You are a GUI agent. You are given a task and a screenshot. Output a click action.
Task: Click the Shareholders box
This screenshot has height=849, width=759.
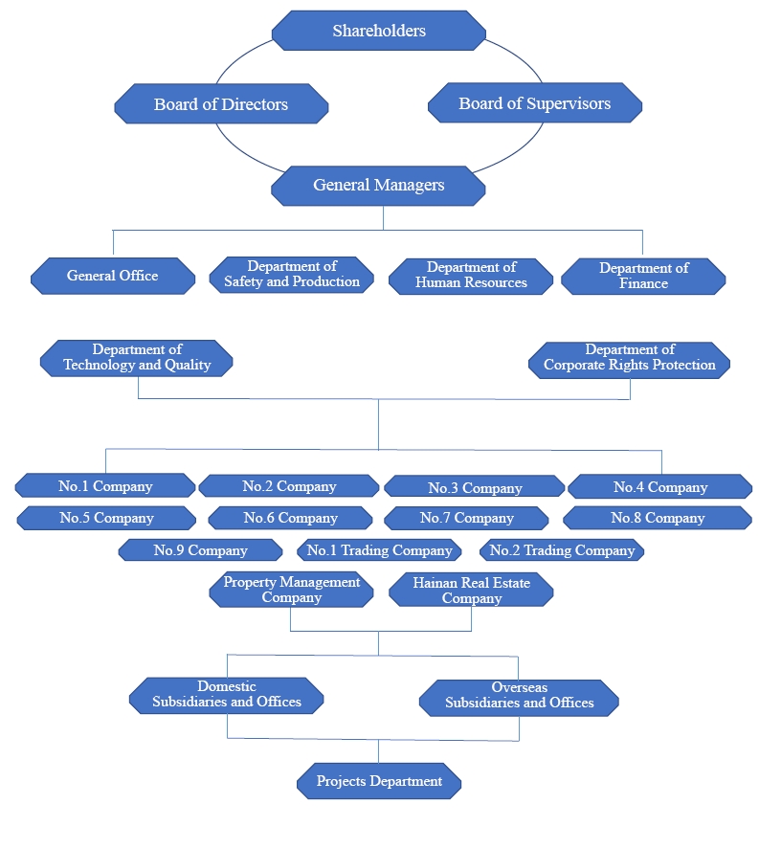pyautogui.click(x=379, y=31)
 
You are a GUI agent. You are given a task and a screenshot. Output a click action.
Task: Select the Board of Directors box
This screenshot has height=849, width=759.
pyautogui.click(x=221, y=104)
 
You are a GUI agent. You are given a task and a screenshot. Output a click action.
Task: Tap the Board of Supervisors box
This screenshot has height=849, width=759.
pyautogui.click(x=534, y=103)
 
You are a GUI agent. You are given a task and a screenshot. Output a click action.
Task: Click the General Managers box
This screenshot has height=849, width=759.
pyautogui.click(x=379, y=185)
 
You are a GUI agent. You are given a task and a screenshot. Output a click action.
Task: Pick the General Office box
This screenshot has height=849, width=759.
pyautogui.click(x=113, y=276)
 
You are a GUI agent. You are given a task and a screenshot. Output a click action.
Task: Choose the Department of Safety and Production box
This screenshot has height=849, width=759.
pyautogui.click(x=292, y=275)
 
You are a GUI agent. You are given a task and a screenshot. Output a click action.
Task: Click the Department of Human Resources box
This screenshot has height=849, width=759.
pyautogui.click(x=471, y=276)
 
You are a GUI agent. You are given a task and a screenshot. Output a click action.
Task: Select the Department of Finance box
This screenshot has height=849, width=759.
pyautogui.click(x=643, y=276)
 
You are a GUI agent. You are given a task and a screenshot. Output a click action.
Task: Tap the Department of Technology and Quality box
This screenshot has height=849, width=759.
pyautogui.click(x=137, y=357)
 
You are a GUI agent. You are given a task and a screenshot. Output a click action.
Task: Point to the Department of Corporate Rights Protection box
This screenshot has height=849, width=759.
pyautogui.click(x=630, y=357)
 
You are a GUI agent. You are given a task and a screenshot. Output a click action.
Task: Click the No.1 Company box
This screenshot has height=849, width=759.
pyautogui.click(x=105, y=486)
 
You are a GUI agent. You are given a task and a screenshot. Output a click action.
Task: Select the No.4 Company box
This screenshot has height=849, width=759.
pyautogui.click(x=660, y=487)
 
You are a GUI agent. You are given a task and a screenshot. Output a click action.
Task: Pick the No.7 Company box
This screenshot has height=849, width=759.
pyautogui.click(x=466, y=518)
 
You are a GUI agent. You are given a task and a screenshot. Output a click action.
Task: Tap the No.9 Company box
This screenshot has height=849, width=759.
pyautogui.click(x=200, y=550)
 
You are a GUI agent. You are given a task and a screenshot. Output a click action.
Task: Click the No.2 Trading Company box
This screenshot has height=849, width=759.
pyautogui.click(x=562, y=550)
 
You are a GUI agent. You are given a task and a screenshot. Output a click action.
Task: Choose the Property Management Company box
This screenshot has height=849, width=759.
pyautogui.click(x=292, y=590)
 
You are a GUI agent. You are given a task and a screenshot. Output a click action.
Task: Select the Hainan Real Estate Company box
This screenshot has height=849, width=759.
pyautogui.click(x=471, y=590)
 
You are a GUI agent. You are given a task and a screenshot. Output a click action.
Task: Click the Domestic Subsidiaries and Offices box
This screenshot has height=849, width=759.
pyautogui.click(x=227, y=694)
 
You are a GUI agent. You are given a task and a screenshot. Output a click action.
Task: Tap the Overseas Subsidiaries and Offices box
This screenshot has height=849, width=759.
pyautogui.click(x=520, y=695)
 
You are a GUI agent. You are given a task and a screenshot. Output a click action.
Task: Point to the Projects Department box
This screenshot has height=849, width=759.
pyautogui.click(x=379, y=781)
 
